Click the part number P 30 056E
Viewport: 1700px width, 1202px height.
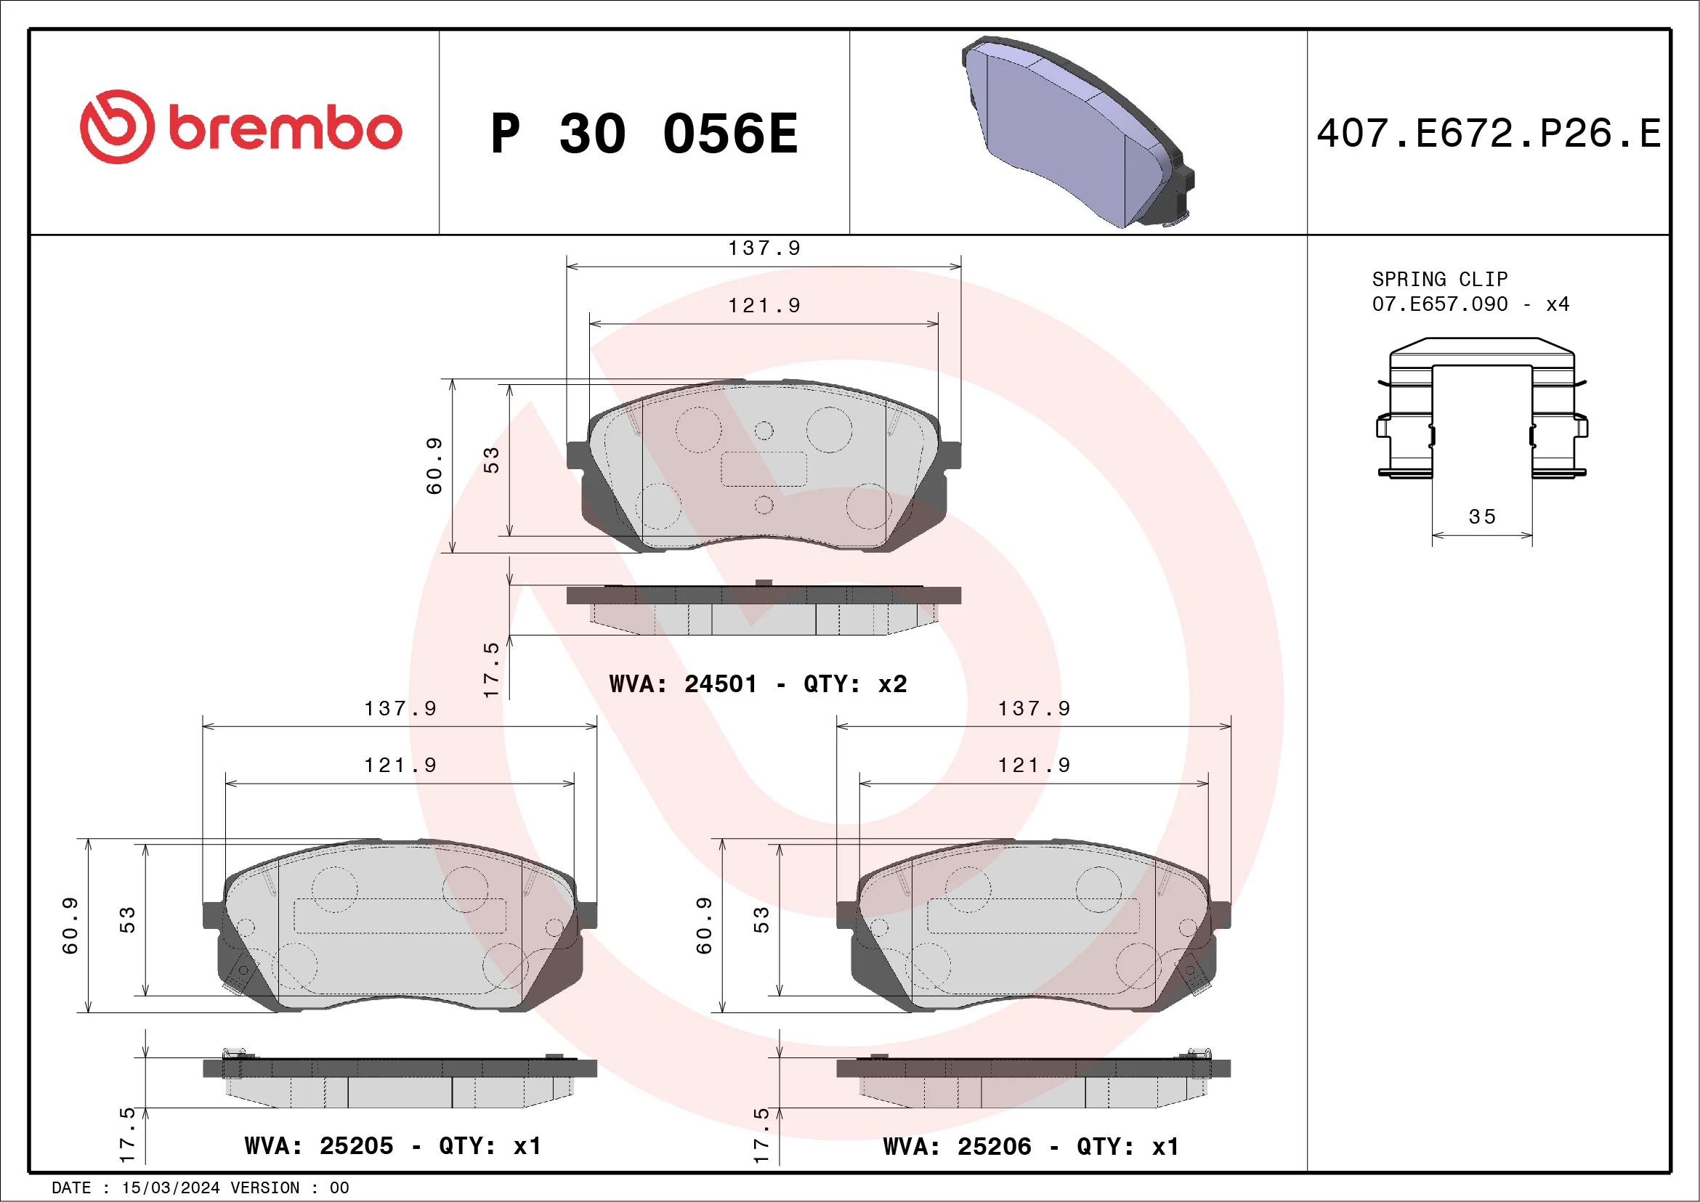(644, 134)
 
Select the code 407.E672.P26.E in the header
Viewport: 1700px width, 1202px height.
(1489, 134)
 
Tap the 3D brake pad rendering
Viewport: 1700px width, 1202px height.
(1077, 131)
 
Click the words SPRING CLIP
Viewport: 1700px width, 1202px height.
(1439, 279)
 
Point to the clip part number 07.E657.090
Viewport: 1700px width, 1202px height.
(1439, 304)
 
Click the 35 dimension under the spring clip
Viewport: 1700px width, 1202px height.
(1481, 516)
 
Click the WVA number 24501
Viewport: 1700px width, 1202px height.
(721, 684)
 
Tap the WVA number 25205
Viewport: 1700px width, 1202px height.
(356, 1146)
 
